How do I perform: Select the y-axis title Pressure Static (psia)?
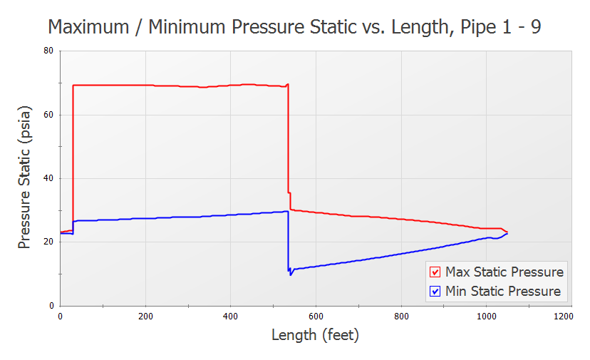25,178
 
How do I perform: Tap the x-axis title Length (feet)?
315,334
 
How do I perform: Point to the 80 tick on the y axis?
48,51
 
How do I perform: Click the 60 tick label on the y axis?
48,115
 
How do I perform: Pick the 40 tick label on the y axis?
48,178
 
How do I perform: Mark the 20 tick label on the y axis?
48,242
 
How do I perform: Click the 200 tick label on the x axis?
145,315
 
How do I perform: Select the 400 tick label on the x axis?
230,315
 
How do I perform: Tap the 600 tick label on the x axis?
316,315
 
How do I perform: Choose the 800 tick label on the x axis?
401,315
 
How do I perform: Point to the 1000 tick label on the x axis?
486,315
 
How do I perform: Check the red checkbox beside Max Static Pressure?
435,272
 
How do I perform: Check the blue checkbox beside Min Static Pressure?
435,291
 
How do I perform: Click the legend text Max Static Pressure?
504,272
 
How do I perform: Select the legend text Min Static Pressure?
502,291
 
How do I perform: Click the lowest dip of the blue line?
291,274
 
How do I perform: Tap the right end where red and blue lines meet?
507,232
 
